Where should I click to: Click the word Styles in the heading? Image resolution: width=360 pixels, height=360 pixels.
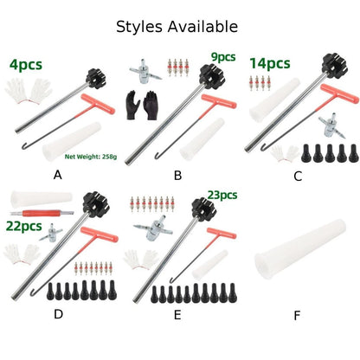tap(139, 27)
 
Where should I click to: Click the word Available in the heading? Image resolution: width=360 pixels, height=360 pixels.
tap(202, 27)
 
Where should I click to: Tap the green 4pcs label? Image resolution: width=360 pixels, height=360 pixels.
tap(26, 65)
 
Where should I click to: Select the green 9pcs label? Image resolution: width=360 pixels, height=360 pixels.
tap(223, 57)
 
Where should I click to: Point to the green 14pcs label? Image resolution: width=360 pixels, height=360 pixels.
tap(270, 63)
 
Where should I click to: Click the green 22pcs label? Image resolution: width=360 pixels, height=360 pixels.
tap(24, 226)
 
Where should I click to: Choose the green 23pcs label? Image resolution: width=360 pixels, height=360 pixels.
tap(222, 196)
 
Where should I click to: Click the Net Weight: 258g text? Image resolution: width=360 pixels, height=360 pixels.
tap(91, 157)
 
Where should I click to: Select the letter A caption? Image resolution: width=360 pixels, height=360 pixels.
tap(58, 175)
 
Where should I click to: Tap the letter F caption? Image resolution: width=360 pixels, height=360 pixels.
tap(297, 316)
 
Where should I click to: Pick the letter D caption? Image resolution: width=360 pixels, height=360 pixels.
tap(58, 314)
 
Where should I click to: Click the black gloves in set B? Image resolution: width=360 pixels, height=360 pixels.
tap(141, 106)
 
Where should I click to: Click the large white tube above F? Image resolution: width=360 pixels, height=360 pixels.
tap(300, 249)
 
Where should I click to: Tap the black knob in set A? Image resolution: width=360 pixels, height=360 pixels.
tap(95, 78)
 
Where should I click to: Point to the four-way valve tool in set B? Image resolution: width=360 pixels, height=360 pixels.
tap(144, 72)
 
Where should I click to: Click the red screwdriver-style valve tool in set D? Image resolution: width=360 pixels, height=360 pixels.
tap(42, 213)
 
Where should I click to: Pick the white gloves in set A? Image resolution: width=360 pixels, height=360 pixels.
tap(29, 91)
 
